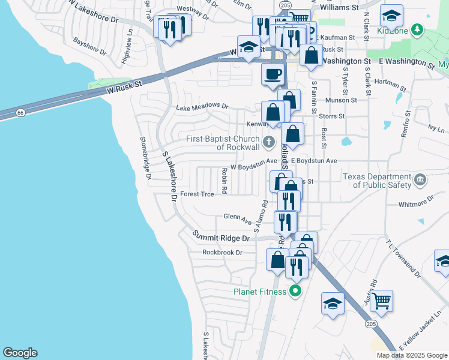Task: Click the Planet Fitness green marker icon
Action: pyautogui.click(x=295, y=292)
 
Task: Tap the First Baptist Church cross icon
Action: pyautogui.click(x=269, y=143)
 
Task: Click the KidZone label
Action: pyautogui.click(x=393, y=31)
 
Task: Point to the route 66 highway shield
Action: pyautogui.click(x=20, y=112)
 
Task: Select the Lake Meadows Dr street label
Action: pyautogui.click(x=202, y=107)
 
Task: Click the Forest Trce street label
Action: pyautogui.click(x=197, y=194)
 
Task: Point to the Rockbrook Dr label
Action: pyautogui.click(x=221, y=253)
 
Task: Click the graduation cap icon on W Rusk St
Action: pyautogui.click(x=249, y=47)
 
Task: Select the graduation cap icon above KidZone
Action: pyautogui.click(x=391, y=15)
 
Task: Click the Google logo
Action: pyautogui.click(x=20, y=353)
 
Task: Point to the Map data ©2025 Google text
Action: pyautogui.click(x=411, y=355)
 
